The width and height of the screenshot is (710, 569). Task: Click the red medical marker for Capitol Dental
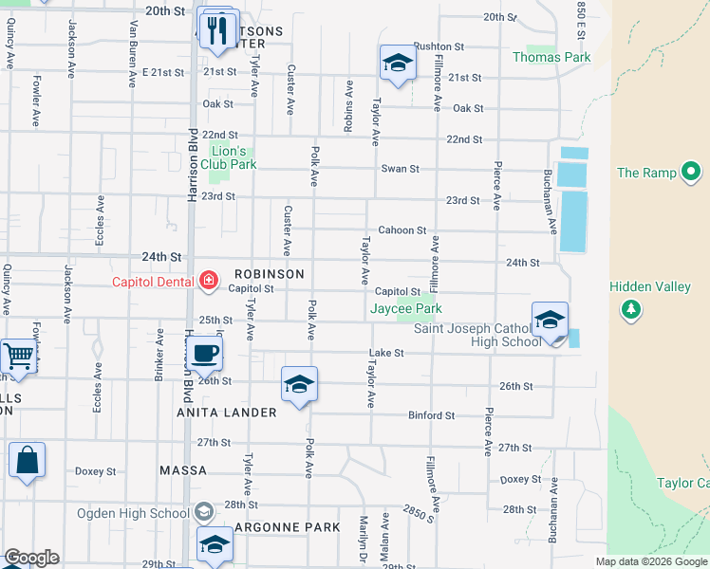point(209,281)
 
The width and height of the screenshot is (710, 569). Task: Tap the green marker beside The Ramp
point(691,173)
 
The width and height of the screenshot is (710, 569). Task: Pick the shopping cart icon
point(18,356)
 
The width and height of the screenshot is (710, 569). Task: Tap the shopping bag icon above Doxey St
point(28,461)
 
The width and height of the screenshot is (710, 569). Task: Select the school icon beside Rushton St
point(398,63)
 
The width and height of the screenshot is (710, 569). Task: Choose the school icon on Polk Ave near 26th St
point(299,384)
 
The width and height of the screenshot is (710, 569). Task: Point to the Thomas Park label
point(551,57)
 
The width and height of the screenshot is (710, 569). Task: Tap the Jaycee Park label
point(405,308)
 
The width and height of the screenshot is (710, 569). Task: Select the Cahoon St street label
point(402,230)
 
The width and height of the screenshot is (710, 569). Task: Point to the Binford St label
point(432,415)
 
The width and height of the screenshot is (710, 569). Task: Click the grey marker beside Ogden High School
point(202,513)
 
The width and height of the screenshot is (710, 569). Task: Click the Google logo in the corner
point(31,558)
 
